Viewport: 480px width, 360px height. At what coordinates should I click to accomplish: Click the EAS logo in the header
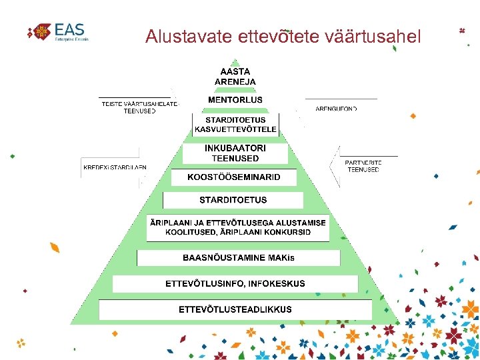(x=58, y=31)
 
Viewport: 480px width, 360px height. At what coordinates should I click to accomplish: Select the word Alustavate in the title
(x=189, y=36)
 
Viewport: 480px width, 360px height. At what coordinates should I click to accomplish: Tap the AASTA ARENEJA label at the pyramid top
(x=235, y=76)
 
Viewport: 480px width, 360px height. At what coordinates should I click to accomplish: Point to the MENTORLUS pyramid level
(x=235, y=100)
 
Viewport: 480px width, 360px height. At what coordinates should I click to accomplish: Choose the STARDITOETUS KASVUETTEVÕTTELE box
(x=235, y=125)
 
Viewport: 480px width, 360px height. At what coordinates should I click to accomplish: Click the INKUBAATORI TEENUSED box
(x=235, y=153)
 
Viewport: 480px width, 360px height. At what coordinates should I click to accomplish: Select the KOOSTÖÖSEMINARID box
(x=233, y=177)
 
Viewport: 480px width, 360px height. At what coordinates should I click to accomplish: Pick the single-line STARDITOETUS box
(x=233, y=200)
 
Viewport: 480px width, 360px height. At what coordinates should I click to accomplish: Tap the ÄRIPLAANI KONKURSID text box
(x=238, y=227)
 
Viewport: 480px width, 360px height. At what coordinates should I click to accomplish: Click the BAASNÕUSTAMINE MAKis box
(x=239, y=258)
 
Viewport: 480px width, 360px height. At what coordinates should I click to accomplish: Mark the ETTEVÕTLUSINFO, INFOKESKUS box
(x=235, y=283)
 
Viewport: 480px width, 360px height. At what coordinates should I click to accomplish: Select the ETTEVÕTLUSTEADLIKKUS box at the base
(x=235, y=309)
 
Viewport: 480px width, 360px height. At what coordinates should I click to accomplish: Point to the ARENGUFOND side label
(x=336, y=108)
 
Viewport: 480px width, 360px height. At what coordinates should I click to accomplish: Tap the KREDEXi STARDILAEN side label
(x=115, y=167)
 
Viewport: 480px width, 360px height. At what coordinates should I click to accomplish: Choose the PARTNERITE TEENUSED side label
(x=363, y=166)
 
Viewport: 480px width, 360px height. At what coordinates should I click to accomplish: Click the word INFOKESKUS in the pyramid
(x=277, y=283)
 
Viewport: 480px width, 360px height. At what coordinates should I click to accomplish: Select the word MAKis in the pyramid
(x=281, y=258)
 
